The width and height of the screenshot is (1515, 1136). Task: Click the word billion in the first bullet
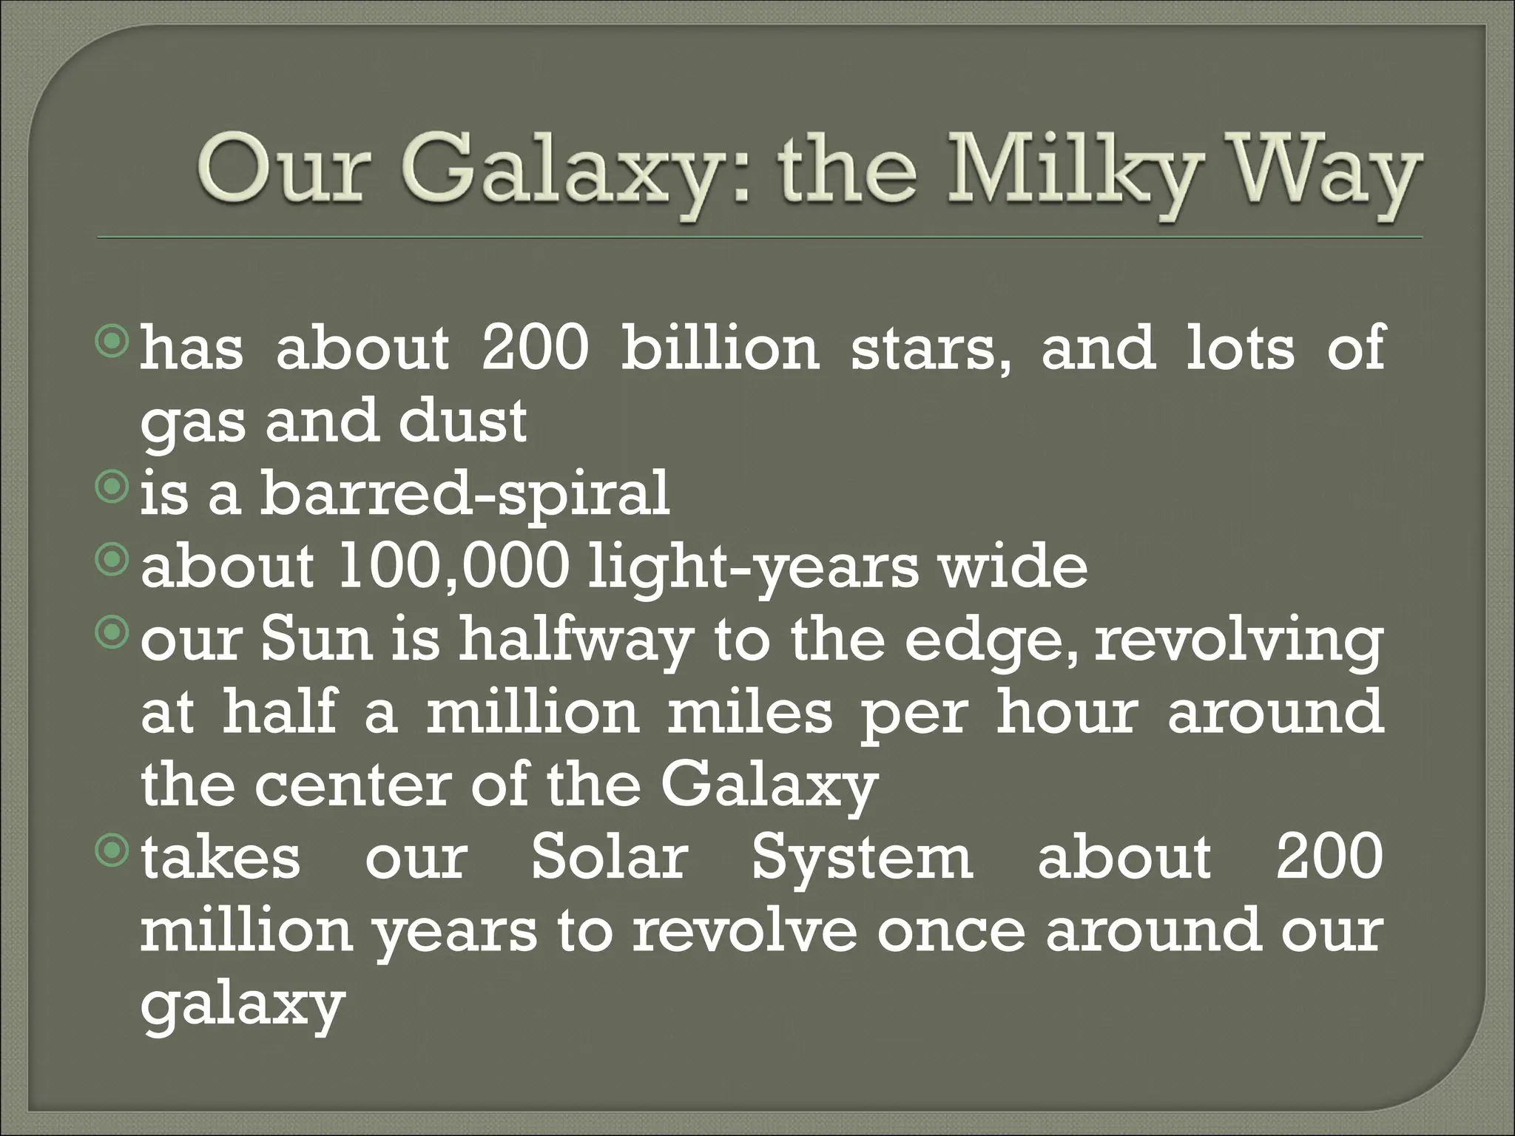pos(720,347)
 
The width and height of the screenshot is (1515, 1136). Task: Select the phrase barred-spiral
pos(465,495)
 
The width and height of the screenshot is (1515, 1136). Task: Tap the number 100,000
pos(454,567)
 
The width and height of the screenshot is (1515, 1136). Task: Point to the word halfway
pos(574,641)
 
